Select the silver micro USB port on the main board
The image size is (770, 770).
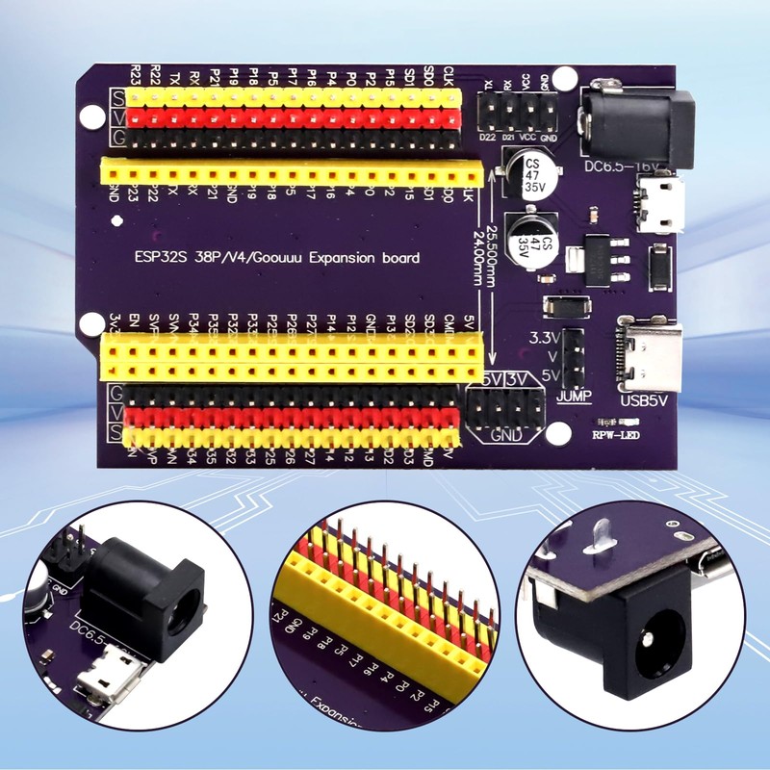[x=657, y=206]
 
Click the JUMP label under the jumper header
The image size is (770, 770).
[x=574, y=396]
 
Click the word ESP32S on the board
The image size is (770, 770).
[x=159, y=258]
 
